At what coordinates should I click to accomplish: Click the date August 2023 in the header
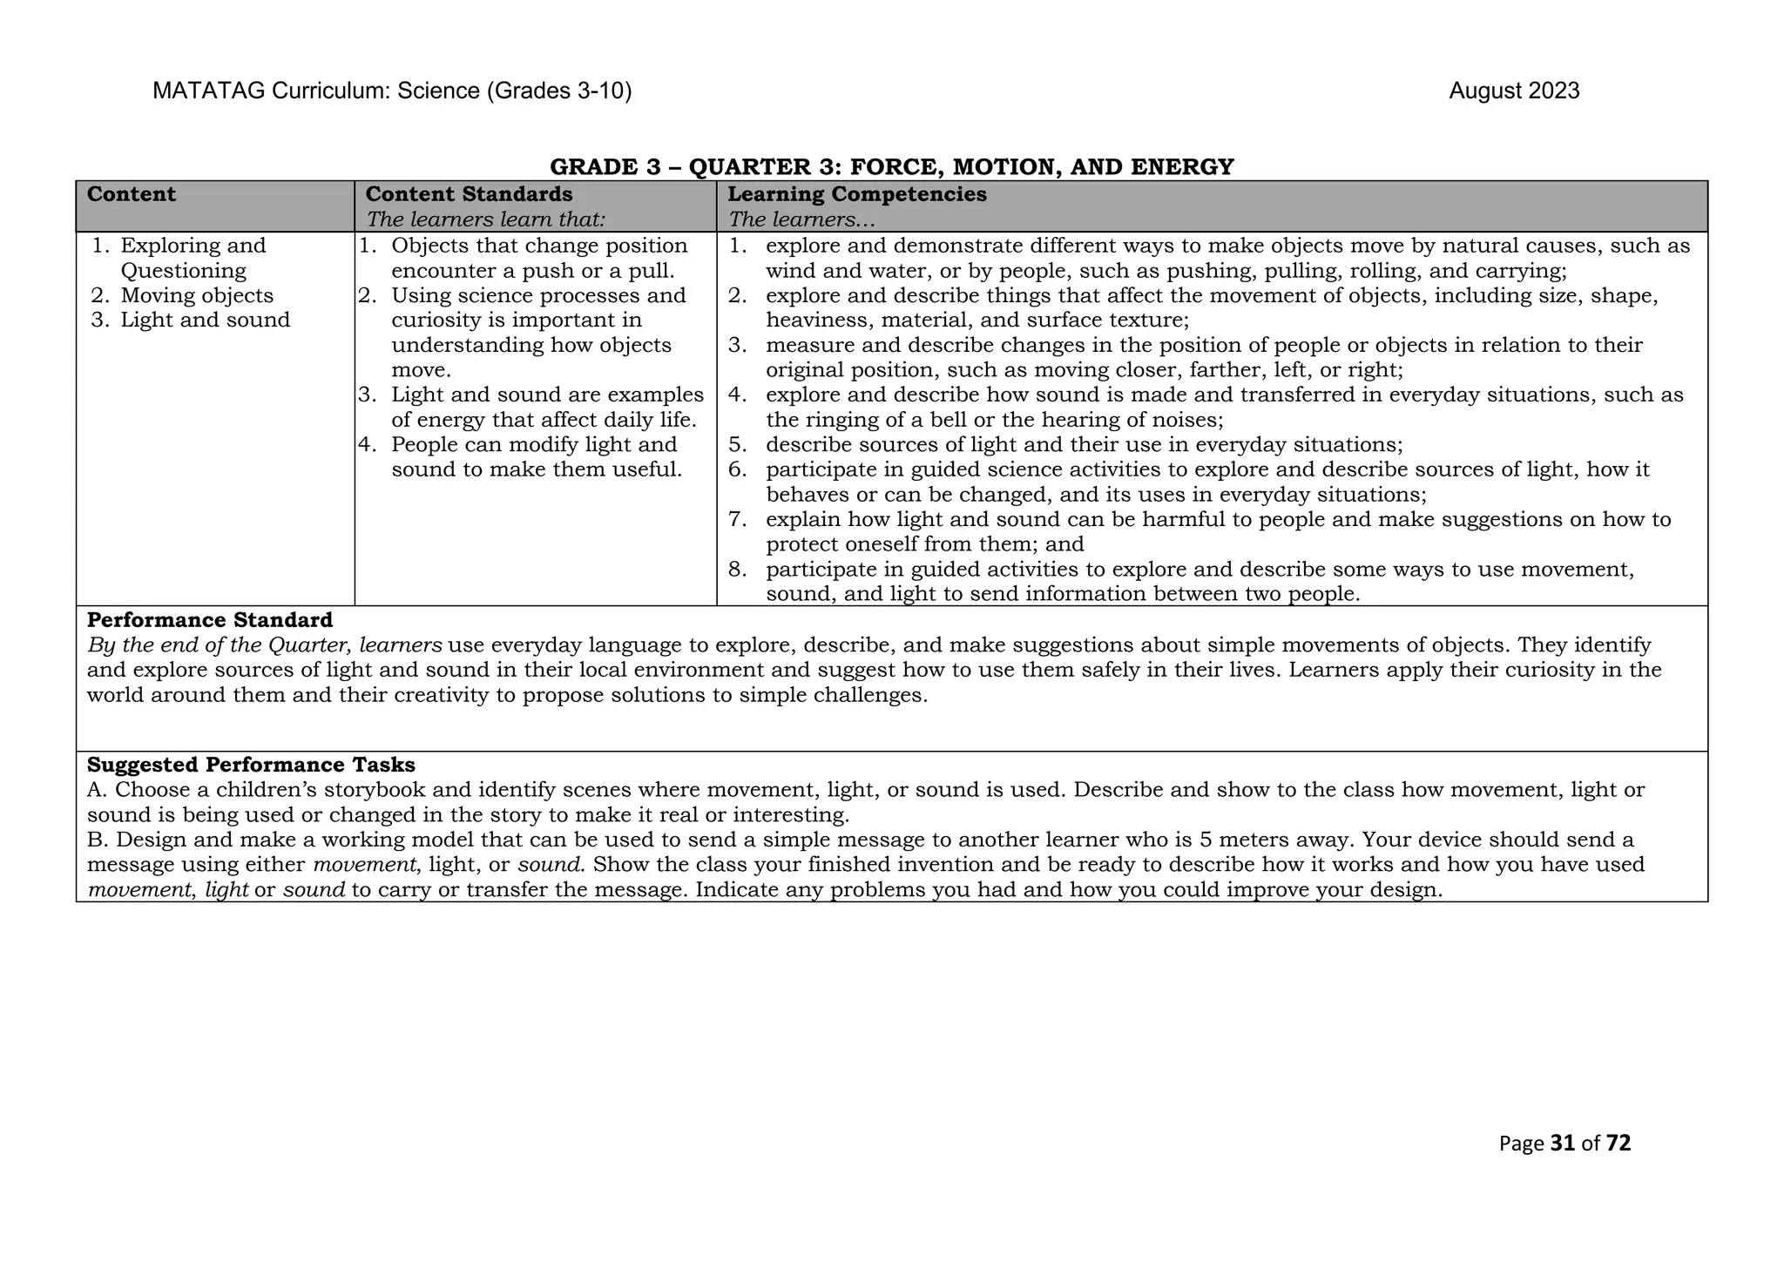(1513, 91)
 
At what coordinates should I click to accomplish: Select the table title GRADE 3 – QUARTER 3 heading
(891, 166)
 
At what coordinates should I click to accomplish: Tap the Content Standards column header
(469, 194)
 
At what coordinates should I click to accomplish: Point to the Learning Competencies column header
(857, 194)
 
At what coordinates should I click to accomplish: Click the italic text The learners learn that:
(485, 219)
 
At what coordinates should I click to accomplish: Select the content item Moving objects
(197, 296)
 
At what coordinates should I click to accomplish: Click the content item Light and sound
(205, 321)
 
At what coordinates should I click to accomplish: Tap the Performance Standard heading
(210, 620)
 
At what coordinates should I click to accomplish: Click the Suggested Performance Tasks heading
(251, 765)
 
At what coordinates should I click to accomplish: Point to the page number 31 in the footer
(1563, 1144)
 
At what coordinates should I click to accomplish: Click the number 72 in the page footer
(1618, 1144)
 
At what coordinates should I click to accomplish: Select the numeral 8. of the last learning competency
(738, 570)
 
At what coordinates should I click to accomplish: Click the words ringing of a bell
(881, 421)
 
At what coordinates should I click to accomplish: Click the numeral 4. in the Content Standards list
(368, 445)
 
